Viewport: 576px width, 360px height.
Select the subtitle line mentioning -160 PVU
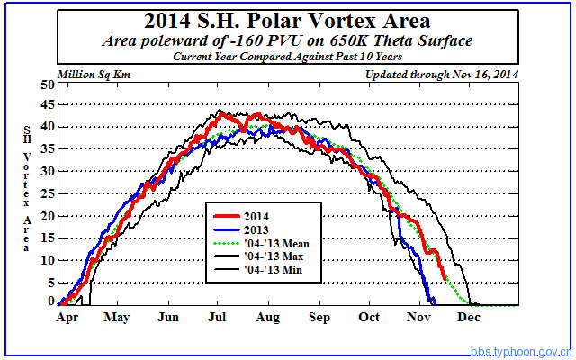[287, 40]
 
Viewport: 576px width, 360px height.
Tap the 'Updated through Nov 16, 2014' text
[443, 74]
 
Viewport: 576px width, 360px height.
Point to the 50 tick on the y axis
[47, 85]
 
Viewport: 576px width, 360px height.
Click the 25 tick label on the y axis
[47, 193]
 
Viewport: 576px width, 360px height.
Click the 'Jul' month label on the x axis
[218, 318]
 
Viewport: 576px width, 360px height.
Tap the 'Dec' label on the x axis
[469, 318]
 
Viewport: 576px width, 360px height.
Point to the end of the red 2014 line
[444, 278]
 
